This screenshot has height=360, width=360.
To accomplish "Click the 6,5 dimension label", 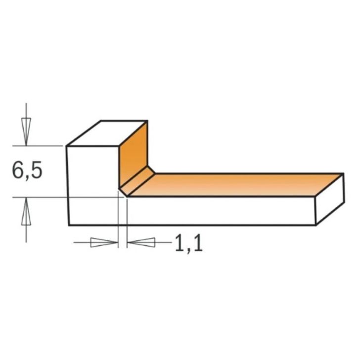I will click(28, 171).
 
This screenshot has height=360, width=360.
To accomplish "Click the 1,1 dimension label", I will click(189, 243).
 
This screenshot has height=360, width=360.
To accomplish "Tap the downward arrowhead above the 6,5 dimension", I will click(26, 130).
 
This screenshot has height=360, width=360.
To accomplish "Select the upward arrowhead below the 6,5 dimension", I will click(26, 212).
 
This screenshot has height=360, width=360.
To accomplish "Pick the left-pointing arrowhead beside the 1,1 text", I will click(141, 242).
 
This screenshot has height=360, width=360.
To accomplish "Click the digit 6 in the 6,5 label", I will click(18, 171).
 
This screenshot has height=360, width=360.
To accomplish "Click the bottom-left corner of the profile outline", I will click(69, 225).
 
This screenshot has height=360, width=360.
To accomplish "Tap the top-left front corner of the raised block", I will click(67, 146).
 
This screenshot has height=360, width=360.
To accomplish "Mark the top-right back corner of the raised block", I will click(147, 121).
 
